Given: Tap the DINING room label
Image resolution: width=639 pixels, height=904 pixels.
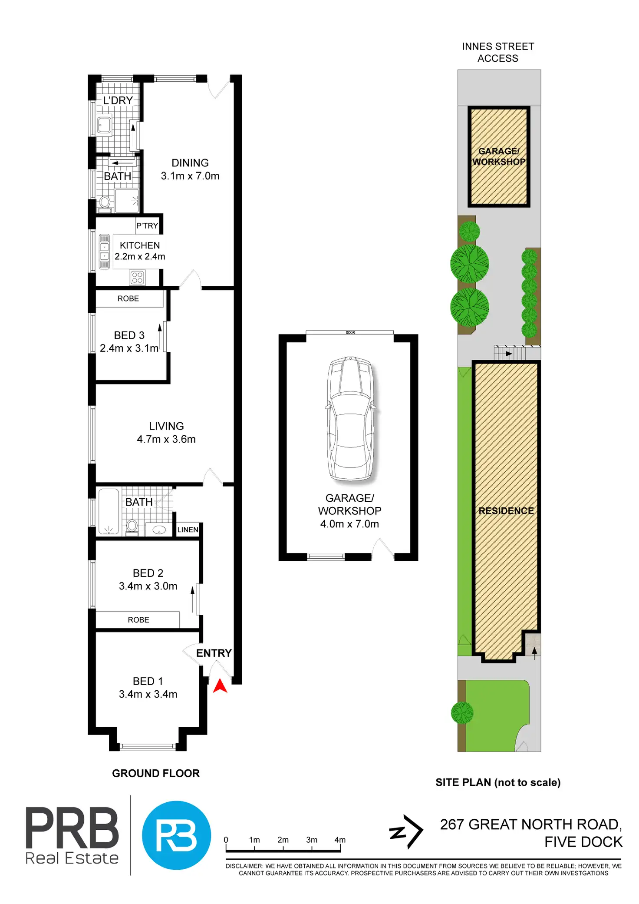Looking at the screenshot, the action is (190, 163).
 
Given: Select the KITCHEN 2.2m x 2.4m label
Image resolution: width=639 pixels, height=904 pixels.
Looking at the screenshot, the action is (140, 251).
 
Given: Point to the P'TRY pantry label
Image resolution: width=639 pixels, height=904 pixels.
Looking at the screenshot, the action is (147, 226).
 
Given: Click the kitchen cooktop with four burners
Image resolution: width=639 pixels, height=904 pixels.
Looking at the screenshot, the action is (137, 278).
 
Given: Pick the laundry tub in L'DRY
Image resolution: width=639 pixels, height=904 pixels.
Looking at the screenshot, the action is (104, 126).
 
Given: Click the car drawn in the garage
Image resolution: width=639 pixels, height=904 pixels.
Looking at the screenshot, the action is (351, 418).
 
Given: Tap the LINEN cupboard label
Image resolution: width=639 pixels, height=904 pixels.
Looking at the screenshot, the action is (188, 530).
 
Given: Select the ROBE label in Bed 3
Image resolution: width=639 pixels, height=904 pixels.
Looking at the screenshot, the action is (128, 299).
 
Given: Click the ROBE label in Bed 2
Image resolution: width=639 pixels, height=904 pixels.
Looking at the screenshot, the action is (138, 620).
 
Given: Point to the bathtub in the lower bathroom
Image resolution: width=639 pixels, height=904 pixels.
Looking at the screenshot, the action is (109, 512).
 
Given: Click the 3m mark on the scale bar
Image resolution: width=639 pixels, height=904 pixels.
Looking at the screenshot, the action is (312, 840).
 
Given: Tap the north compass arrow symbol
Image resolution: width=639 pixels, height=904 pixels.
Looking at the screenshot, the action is (406, 831).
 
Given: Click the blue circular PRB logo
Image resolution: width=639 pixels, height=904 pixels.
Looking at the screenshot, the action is (177, 835).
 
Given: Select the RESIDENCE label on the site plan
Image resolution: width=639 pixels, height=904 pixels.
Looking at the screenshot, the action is (506, 511).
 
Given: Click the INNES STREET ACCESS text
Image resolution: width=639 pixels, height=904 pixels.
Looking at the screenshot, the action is (498, 53).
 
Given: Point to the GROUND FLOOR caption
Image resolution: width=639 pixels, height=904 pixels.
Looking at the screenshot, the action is (156, 773).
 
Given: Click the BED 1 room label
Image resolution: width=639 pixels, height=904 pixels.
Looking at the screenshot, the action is (148, 681).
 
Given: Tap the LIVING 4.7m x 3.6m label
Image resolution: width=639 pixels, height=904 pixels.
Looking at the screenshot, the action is (166, 433).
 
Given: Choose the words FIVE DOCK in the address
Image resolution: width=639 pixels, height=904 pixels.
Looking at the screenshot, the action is (583, 842).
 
